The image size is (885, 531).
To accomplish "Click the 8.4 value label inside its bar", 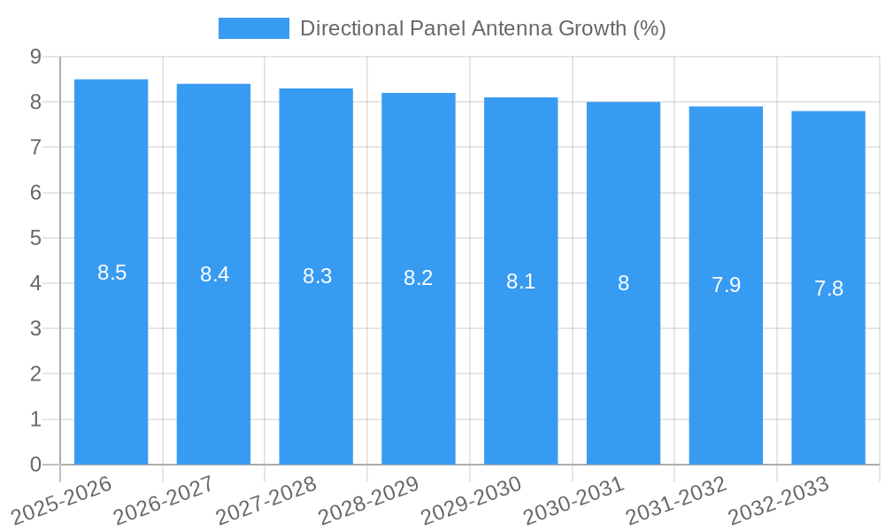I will pyautogui.click(x=214, y=274).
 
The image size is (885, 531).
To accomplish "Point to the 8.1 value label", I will pyautogui.click(x=520, y=281).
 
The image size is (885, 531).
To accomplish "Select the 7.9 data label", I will pyautogui.click(x=726, y=285).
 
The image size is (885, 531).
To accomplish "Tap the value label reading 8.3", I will pyautogui.click(x=317, y=276).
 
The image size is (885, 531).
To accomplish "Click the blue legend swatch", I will pyautogui.click(x=253, y=28).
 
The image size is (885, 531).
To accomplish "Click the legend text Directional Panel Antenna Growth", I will pyautogui.click(x=482, y=28).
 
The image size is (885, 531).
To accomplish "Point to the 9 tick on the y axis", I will pyautogui.click(x=35, y=57).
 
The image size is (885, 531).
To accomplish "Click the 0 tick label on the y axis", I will pyautogui.click(x=35, y=465).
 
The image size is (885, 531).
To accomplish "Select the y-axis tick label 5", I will pyautogui.click(x=35, y=238).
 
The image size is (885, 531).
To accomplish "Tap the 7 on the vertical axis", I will pyautogui.click(x=35, y=147).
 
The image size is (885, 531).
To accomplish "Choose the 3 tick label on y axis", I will pyautogui.click(x=35, y=328).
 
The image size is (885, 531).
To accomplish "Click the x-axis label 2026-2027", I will pyautogui.click(x=164, y=500).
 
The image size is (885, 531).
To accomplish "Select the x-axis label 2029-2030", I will pyautogui.click(x=471, y=500).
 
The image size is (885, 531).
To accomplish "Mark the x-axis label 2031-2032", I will pyautogui.click(x=676, y=500).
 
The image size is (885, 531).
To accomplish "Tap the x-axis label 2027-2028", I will pyautogui.click(x=266, y=500).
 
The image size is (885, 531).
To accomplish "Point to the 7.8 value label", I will pyautogui.click(x=828, y=289).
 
